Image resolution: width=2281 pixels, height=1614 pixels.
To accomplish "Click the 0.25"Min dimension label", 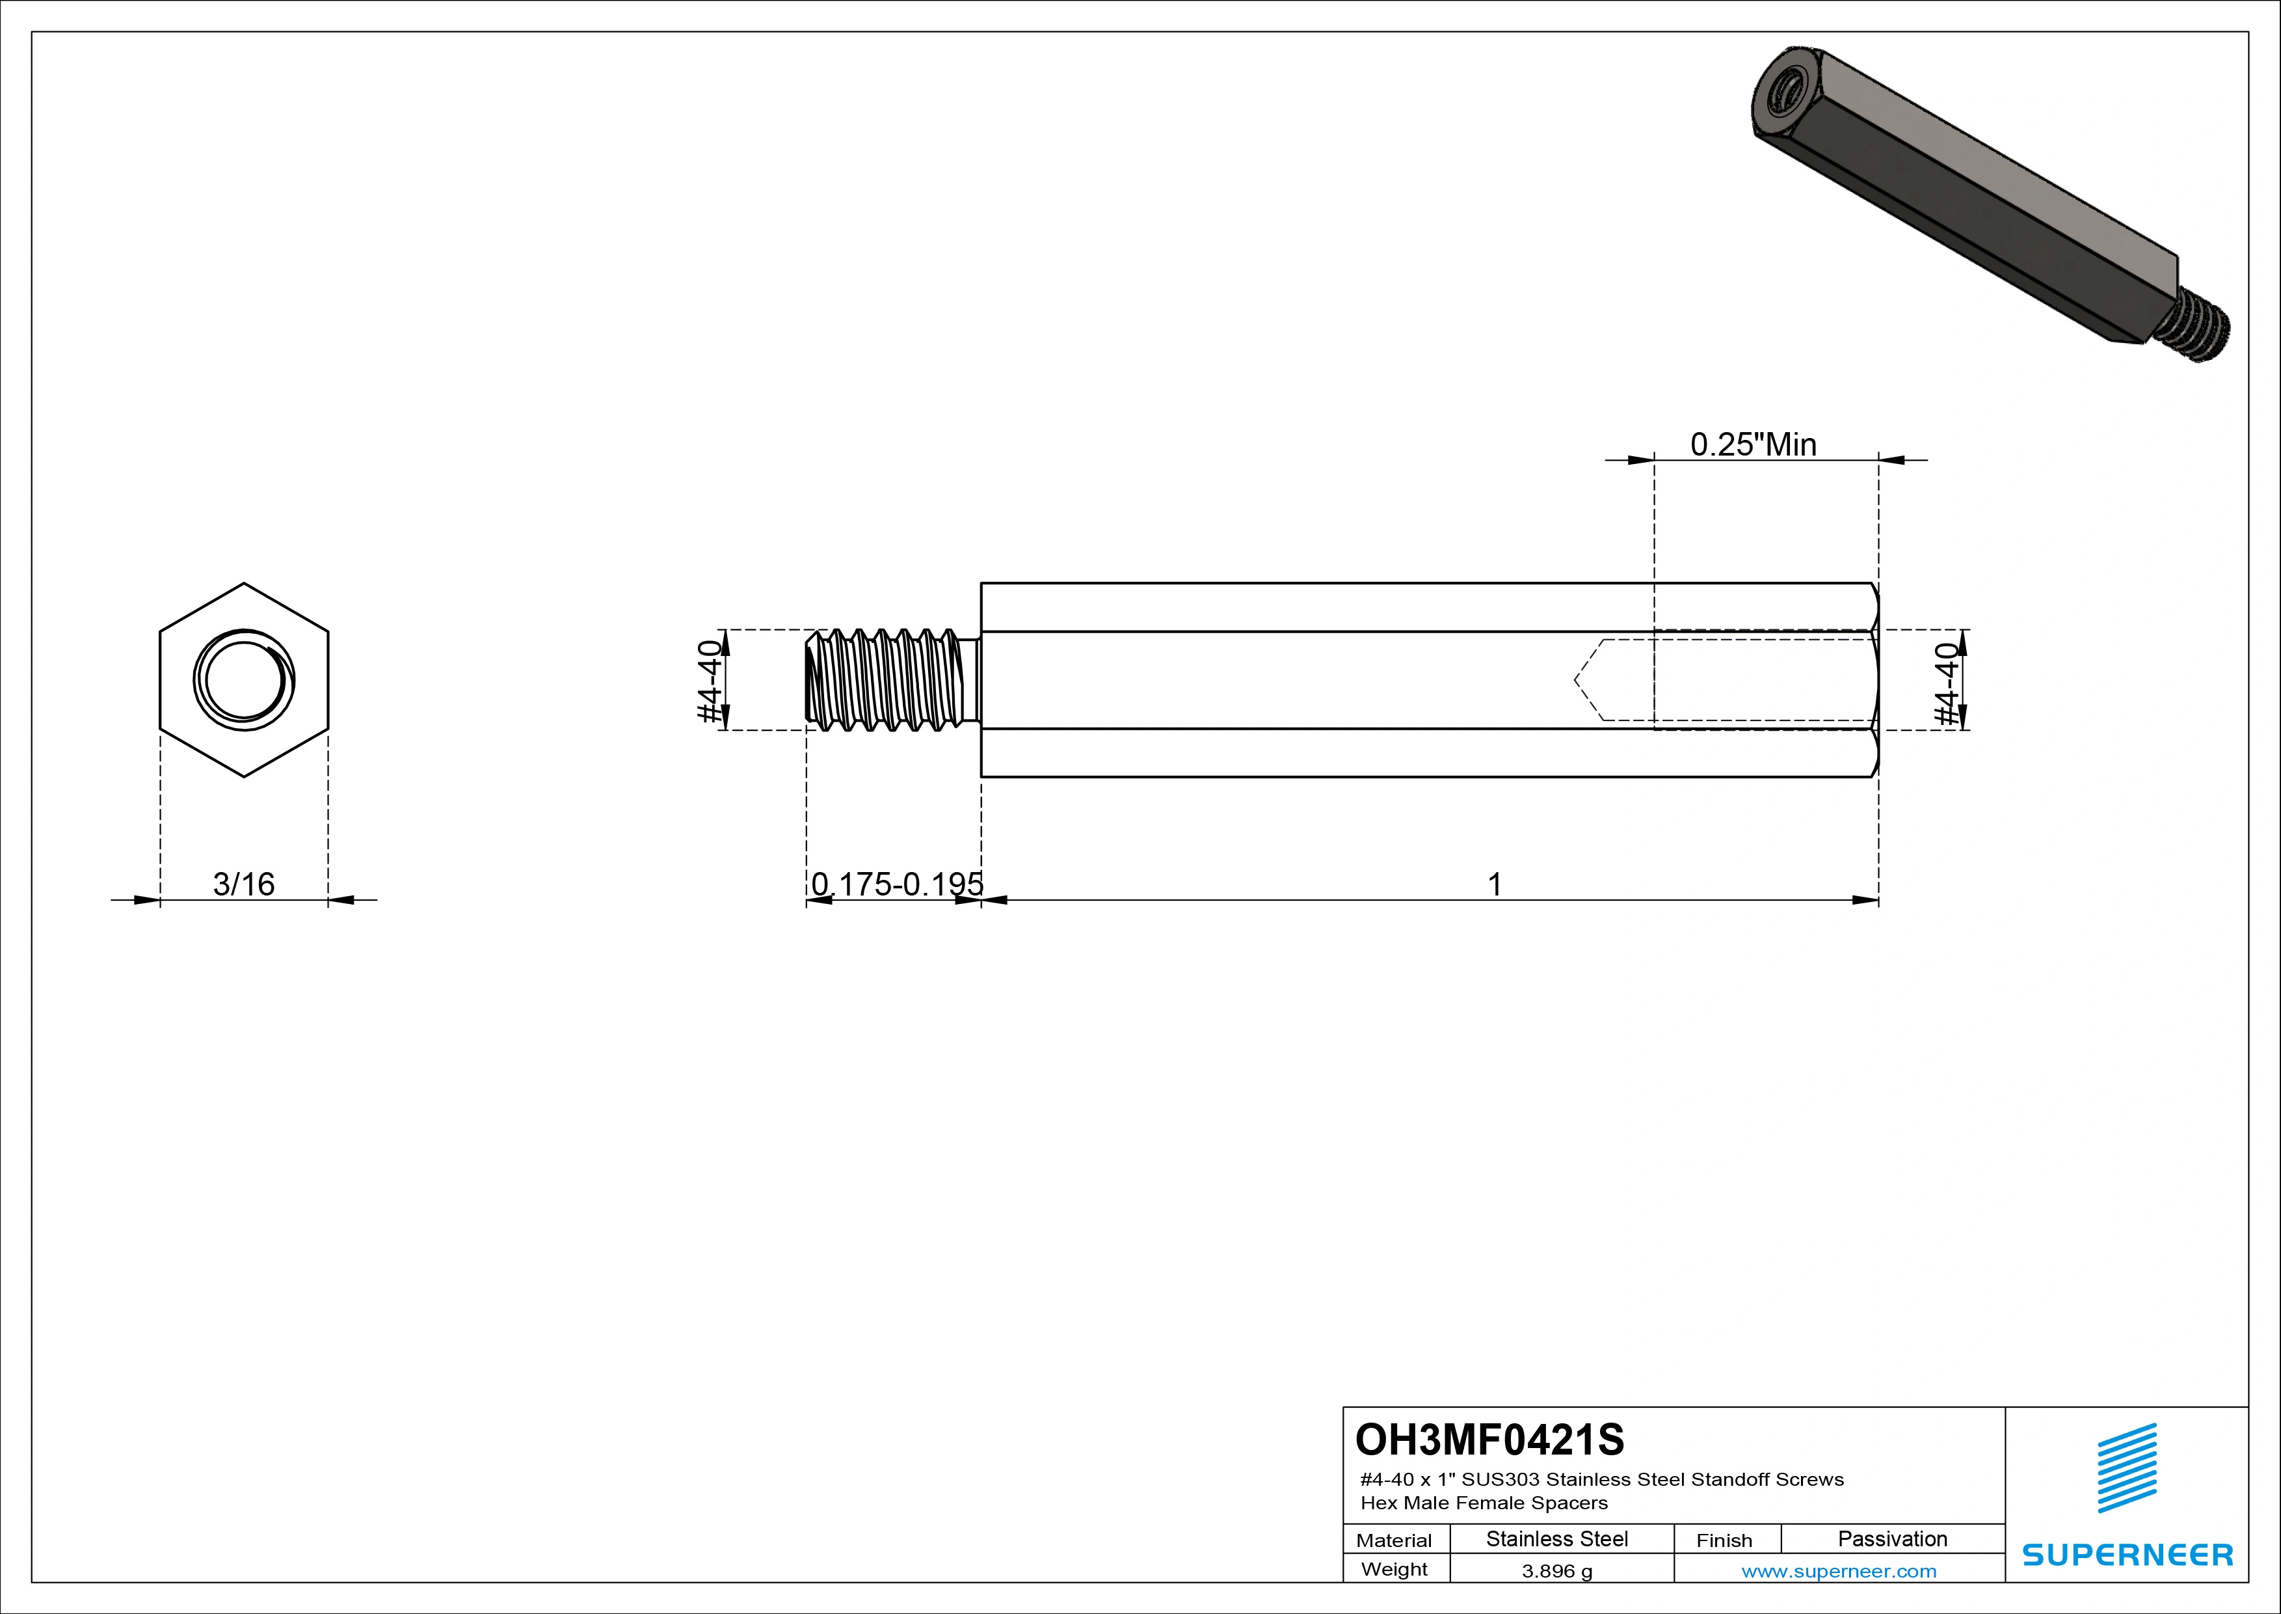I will point(1754,445).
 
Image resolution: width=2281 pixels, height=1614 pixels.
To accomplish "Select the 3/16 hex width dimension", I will point(243,884).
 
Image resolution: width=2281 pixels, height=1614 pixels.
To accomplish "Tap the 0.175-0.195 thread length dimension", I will point(896,884).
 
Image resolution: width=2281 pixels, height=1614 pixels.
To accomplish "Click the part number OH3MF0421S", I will point(1489,1439).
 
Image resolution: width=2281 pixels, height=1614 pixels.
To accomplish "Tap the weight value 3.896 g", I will point(1556,1571).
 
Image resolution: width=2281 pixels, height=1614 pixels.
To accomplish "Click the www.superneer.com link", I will point(1839,1571).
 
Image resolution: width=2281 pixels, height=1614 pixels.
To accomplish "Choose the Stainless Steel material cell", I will point(1556,1539).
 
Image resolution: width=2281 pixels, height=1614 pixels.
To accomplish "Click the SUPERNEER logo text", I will point(2127,1554).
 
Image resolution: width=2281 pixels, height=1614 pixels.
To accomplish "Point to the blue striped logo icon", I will point(2126,1468).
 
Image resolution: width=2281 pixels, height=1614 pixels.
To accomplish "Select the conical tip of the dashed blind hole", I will point(1586,680).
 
